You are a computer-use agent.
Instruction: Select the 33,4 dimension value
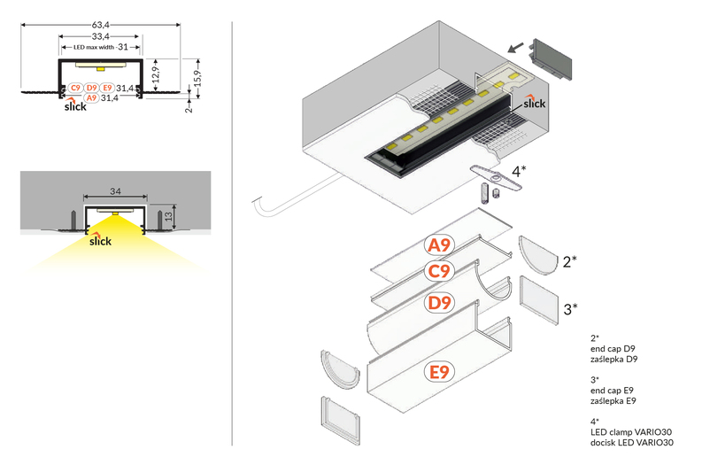pos(100,36)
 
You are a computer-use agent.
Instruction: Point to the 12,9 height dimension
pos(155,72)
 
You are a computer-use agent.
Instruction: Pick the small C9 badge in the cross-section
pos(75,88)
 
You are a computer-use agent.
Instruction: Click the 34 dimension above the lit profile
pos(115,191)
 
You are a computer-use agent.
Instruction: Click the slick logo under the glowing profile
pos(99,240)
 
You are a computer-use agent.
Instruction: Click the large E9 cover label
pos(439,371)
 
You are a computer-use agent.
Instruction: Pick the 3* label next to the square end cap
pos(571,308)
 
